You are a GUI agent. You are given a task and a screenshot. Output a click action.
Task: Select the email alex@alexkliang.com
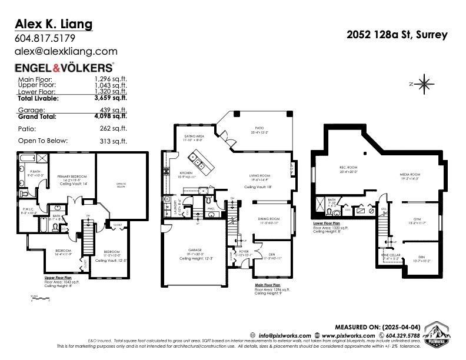66,51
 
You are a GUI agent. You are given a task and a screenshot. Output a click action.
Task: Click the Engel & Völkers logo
64,68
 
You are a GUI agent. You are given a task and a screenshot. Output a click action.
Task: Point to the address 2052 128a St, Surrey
397,35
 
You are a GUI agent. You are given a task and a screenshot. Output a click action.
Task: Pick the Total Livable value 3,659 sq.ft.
111,99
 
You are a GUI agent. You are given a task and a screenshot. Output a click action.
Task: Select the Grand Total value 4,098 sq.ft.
111,116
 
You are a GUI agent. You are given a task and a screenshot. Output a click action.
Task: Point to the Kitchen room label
174,174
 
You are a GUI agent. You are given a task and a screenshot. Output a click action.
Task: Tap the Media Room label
411,175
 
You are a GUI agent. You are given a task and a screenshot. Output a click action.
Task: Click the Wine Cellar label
390,256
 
